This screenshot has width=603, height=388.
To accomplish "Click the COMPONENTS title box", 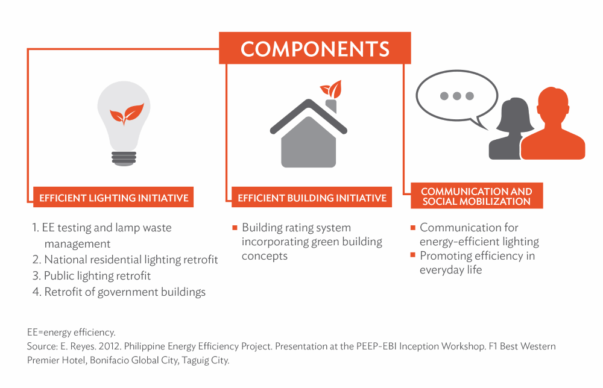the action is point(315,48).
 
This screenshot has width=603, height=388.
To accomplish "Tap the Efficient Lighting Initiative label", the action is point(113,198).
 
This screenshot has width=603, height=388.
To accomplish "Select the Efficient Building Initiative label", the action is point(312,198).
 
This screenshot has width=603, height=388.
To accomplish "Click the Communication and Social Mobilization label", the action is point(477,196).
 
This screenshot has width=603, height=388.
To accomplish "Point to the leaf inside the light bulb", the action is point(127,114).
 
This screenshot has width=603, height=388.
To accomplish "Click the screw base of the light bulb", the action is point(124,158).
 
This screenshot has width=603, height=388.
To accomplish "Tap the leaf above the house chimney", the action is point(332,90).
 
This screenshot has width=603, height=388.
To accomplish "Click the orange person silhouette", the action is point(553,125).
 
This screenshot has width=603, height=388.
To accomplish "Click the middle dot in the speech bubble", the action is point(457,96).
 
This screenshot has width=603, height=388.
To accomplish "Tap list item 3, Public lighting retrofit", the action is point(92,276).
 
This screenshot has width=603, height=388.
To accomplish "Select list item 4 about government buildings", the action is point(119,292).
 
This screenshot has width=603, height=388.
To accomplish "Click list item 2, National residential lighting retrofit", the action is point(125,260).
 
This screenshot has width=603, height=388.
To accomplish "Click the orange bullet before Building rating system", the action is point(235,228).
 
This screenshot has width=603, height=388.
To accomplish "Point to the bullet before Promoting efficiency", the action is point(413,255).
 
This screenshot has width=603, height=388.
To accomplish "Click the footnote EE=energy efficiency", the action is point(71,333).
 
